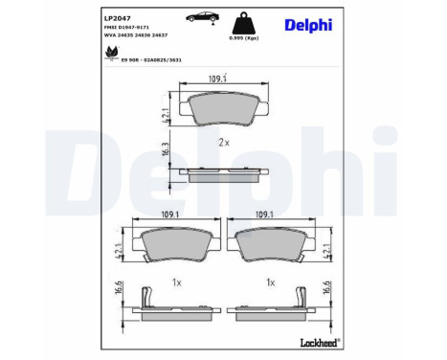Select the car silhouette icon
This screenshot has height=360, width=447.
[x=186, y=19]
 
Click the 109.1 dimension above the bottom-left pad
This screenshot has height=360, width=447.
[x=170, y=216]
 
